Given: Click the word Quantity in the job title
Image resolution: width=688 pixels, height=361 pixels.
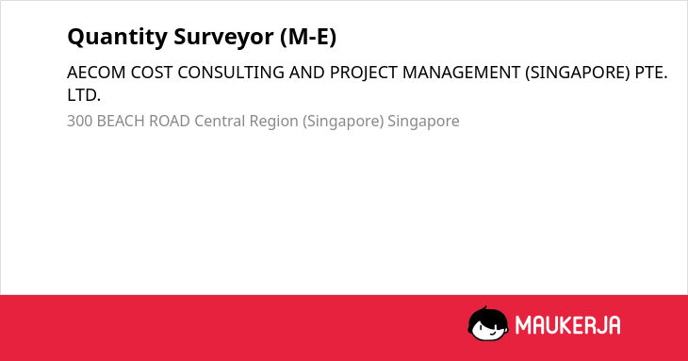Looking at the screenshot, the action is coord(117,37).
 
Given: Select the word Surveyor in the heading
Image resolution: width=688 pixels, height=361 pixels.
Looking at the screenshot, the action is coord(223,37).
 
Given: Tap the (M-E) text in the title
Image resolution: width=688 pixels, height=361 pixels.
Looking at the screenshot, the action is coord(308,37).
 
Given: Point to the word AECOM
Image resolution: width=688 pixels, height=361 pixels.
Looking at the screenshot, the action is coord(96,73).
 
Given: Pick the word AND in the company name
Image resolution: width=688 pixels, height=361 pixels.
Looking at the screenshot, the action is coord(307,73).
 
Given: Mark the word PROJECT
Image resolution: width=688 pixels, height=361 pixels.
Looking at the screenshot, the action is coord(364,73).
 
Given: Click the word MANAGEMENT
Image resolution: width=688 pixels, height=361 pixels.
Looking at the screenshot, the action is coord(461,73).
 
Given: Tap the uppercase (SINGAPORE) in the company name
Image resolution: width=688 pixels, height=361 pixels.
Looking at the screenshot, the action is coord(578,73).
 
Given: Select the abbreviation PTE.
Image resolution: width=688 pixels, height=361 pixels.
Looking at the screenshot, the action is coord(651,73).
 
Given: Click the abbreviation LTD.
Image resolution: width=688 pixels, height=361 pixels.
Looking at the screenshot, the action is coord(84,95).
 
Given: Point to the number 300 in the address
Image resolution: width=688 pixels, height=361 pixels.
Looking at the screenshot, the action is coord(79,121).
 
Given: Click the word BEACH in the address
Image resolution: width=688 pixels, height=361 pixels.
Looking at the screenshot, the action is coord(121,121).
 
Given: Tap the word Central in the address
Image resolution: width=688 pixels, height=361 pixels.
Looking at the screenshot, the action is coord(220,121).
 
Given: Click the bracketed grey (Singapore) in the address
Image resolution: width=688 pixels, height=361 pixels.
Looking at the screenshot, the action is coord(343,122).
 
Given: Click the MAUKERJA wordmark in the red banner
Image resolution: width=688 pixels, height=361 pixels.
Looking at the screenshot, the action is coord(567,325).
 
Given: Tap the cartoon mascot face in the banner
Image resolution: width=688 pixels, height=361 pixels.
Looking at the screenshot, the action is coord(488,323).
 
